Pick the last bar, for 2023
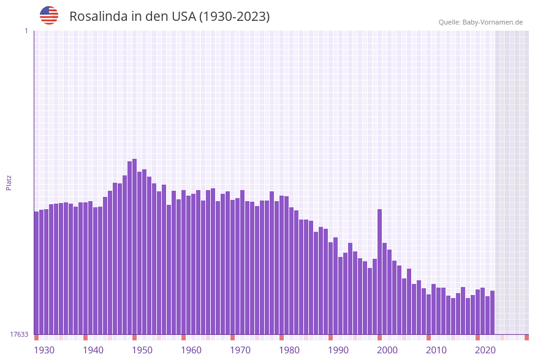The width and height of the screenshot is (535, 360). (x=492, y=312)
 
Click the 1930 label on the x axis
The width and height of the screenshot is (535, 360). (x=44, y=350)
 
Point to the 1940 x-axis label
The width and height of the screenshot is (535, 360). (x=93, y=350)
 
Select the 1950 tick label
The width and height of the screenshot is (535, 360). (x=142, y=350)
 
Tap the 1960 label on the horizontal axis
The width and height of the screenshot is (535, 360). (x=191, y=350)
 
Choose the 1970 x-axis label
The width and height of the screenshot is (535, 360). (x=240, y=350)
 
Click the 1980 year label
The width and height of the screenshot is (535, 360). (x=289, y=350)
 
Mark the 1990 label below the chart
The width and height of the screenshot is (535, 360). (x=338, y=350)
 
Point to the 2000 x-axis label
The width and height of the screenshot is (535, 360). (x=387, y=350)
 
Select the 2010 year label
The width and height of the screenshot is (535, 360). (x=436, y=350)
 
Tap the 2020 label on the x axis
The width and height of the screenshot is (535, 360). (x=485, y=350)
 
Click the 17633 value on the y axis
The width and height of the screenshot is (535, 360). (x=19, y=334)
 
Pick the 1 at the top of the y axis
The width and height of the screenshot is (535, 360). (x=26, y=31)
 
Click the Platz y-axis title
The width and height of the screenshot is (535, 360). (x=9, y=182)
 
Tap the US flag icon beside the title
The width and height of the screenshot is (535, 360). (x=49, y=15)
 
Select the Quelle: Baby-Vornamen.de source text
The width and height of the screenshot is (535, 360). (x=480, y=22)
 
